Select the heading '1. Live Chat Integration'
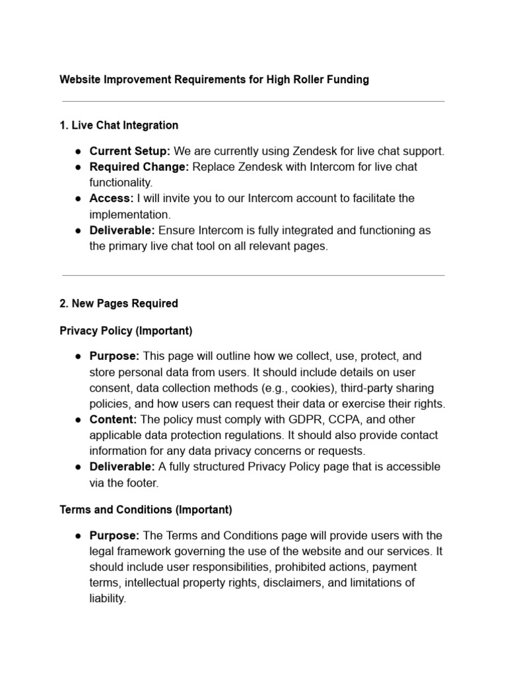(119, 125)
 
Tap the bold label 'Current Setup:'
(130, 151)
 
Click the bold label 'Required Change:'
(139, 167)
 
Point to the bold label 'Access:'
(111, 198)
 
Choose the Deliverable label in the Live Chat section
(122, 230)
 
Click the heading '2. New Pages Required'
(119, 304)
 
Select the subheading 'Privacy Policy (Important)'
(125, 330)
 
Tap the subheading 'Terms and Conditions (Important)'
(145, 510)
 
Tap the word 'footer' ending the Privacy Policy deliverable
(141, 483)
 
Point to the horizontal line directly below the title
(253, 102)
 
